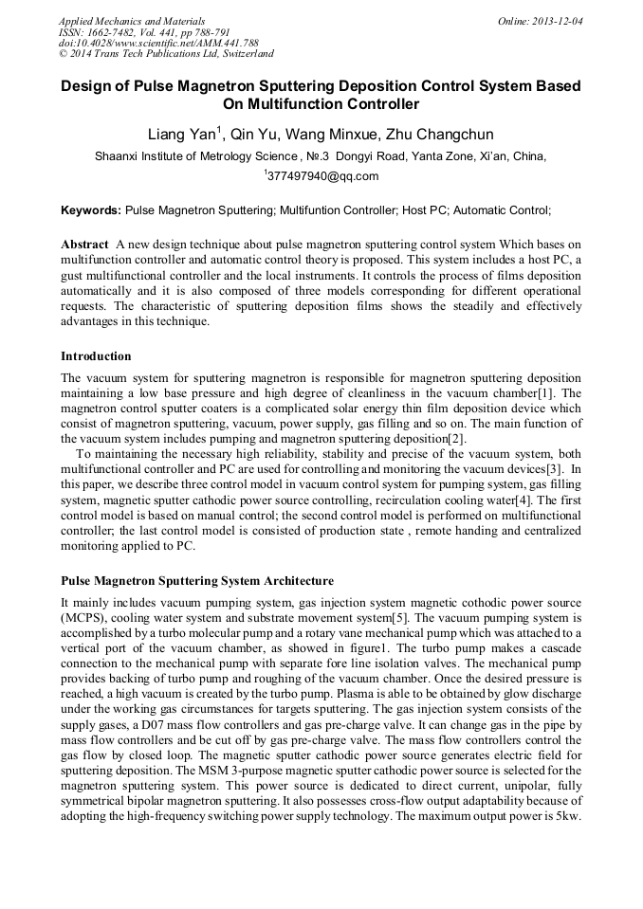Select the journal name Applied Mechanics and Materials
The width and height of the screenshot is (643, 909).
point(132,21)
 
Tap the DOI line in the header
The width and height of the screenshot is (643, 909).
point(159,44)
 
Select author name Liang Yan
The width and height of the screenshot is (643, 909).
point(183,135)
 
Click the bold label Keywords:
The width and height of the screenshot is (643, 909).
point(91,209)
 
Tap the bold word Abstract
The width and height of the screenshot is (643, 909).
point(84,244)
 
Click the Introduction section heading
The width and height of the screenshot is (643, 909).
point(96,356)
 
